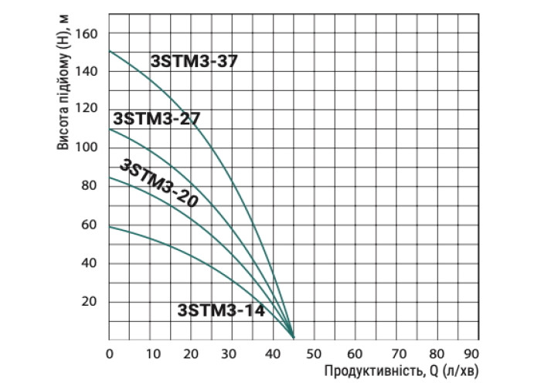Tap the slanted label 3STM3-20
(158, 184)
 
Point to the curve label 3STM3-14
(221, 311)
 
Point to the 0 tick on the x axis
(109, 354)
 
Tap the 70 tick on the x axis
(395, 354)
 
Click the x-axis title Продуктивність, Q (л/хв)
(396, 372)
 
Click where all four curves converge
(294, 337)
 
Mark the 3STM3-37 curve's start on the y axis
(109, 51)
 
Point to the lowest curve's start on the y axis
(109, 226)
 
